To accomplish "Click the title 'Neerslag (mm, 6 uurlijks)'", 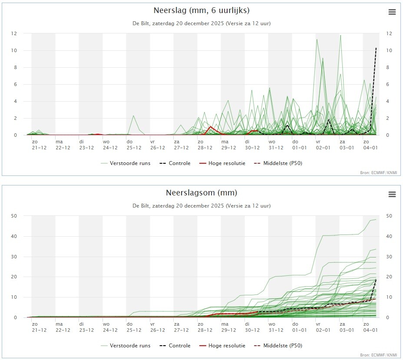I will (x=201, y=10).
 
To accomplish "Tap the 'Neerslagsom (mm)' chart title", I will (x=201, y=192).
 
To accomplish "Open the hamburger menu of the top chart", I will (x=392, y=12).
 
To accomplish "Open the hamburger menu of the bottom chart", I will (x=392, y=195).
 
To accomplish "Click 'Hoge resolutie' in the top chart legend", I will (x=223, y=163).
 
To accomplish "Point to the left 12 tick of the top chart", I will (x=14, y=33).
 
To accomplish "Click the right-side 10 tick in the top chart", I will (x=383, y=50).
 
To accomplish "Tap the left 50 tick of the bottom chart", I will (x=14, y=216).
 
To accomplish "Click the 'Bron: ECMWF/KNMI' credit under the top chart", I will (x=379, y=173).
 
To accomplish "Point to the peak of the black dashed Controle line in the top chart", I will (x=376, y=48).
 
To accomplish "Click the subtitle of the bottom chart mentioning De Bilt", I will (x=201, y=206).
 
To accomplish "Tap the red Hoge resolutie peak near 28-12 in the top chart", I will (x=211, y=127).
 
